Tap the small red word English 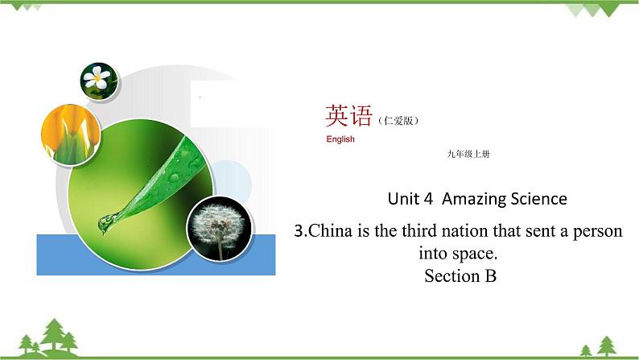click(340, 139)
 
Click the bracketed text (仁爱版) click(398, 121)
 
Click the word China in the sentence click(332, 232)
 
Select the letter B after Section click(491, 276)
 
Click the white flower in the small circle click(100, 79)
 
